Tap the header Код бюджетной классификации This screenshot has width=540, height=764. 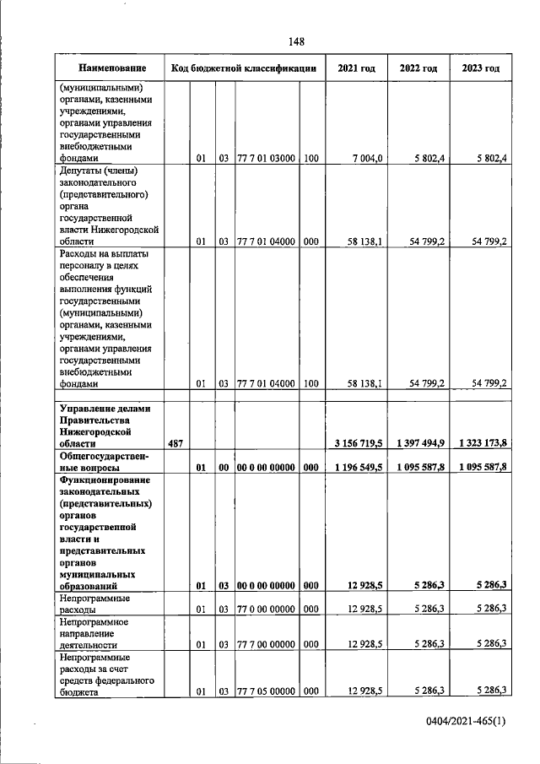coord(244,68)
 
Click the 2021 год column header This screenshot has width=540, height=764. coord(356,68)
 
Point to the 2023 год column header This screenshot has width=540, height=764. coord(481,68)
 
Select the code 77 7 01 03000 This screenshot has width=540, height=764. coord(266,157)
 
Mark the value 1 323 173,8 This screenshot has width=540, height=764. coord(481,442)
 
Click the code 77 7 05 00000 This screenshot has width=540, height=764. coord(266,691)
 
